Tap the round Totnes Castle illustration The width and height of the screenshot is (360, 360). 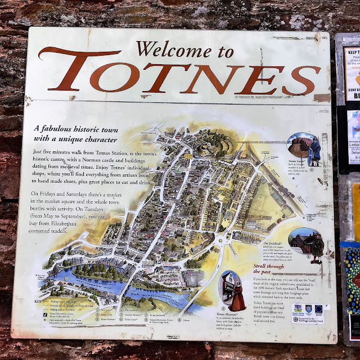(300, 145)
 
